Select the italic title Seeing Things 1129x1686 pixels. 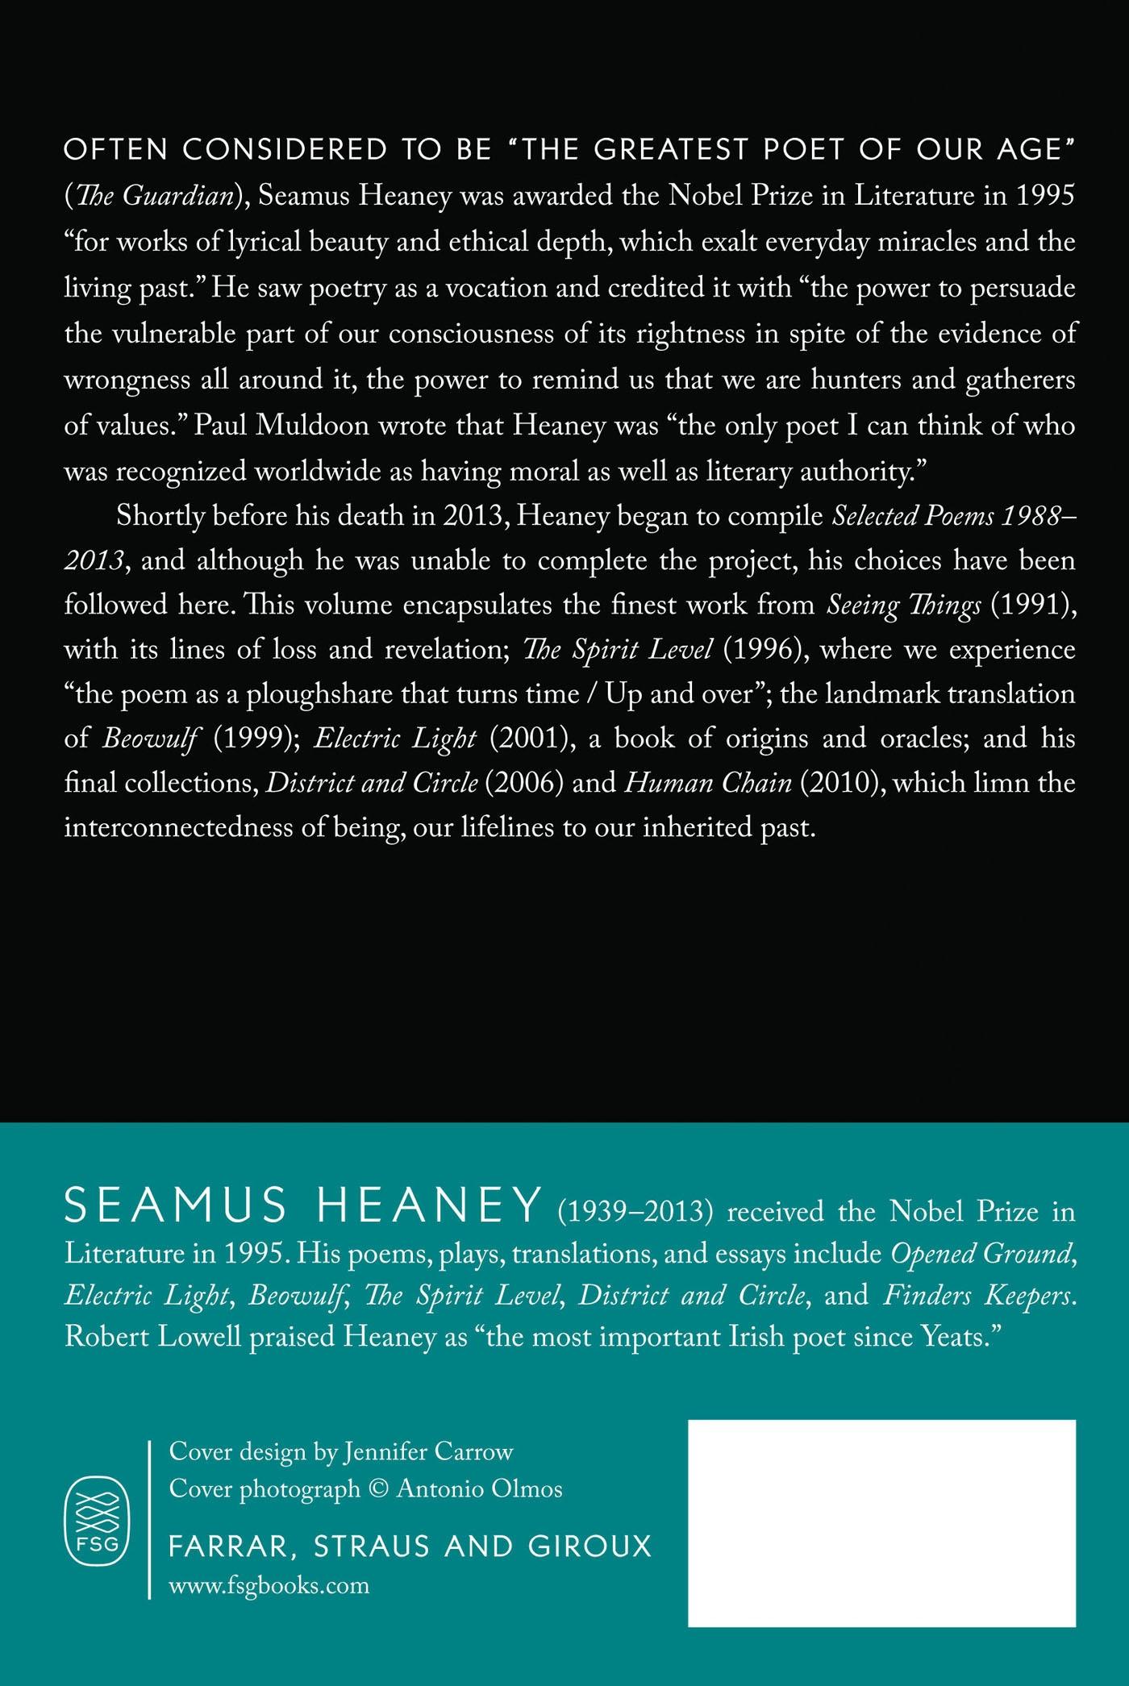click(x=904, y=606)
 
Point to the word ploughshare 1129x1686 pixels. click(x=333, y=694)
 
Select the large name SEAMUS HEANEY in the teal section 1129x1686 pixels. click(x=302, y=1206)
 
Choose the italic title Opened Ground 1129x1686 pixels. click(x=981, y=1253)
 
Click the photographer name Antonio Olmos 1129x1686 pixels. click(x=479, y=1488)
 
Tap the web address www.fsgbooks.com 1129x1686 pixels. click(x=269, y=1586)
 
